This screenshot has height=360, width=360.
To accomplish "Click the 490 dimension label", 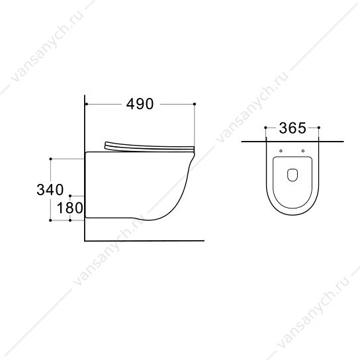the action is [140, 104].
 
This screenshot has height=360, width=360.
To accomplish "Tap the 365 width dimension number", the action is [292, 128].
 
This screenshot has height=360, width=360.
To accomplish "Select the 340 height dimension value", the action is [50, 190].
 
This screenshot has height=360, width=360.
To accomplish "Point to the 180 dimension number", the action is [69, 208].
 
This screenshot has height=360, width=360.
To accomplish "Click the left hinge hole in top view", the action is [281, 151].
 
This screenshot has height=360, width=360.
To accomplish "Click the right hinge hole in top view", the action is [303, 151].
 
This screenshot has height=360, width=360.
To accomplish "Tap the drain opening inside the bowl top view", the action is [292, 175].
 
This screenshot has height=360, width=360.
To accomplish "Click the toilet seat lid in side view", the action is [149, 147].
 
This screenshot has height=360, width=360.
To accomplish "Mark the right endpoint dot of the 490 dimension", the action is [195, 104].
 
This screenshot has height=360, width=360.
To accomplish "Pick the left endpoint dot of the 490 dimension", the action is [87, 105].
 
